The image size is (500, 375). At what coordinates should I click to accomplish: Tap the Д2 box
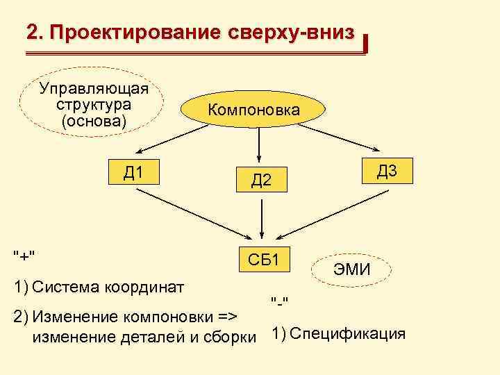(260, 181)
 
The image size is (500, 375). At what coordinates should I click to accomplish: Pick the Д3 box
(387, 171)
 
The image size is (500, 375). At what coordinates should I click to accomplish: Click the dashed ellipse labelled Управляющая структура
(93, 105)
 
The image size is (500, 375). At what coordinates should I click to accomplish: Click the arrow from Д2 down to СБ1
(260, 217)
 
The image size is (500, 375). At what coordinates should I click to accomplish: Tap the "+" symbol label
(24, 255)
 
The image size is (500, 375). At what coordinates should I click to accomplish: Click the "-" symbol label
(281, 300)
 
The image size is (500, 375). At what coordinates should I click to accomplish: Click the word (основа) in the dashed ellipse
(94, 121)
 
